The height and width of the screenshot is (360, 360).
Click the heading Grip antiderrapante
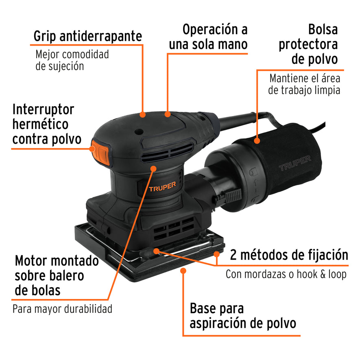[x=87, y=36]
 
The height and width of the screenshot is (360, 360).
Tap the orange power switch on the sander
[x=101, y=152]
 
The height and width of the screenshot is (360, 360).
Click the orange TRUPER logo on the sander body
[x=162, y=188]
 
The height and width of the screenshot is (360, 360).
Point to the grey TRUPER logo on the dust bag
[x=295, y=162]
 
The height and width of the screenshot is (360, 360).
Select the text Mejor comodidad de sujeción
[x=72, y=60]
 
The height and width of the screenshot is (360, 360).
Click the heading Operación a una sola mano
[x=208, y=37]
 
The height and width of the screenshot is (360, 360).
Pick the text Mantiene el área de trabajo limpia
[x=304, y=84]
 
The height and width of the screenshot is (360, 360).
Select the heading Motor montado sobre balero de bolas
[x=57, y=275]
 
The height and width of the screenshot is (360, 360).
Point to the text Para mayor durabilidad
[x=62, y=309]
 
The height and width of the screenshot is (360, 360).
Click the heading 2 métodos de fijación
[x=289, y=255]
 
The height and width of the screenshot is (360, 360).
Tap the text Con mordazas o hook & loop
[x=286, y=274]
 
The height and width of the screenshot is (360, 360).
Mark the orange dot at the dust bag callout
[x=257, y=141]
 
